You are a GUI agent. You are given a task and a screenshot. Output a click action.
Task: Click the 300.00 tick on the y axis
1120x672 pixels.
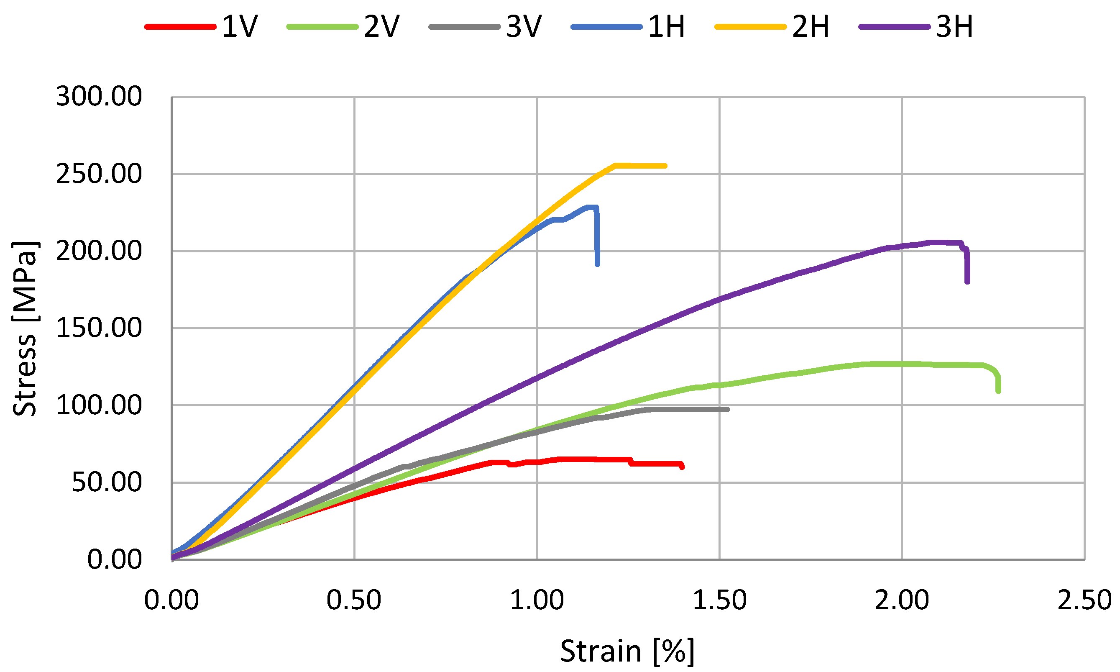coord(99,97)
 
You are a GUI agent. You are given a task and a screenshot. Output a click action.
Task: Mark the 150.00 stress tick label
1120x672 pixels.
coord(99,328)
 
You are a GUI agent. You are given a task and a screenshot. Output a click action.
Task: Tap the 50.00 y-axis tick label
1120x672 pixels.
coord(106,482)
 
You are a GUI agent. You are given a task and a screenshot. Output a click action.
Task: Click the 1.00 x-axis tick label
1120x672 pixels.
coord(537,600)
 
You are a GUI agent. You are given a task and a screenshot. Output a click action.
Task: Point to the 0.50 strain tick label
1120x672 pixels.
coord(354,600)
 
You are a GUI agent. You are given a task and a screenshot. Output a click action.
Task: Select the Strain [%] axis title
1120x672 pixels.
coord(627,651)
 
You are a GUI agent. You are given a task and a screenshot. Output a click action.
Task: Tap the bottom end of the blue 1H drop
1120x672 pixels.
coord(597,264)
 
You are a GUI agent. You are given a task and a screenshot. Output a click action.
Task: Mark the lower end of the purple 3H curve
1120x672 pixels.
coord(967,282)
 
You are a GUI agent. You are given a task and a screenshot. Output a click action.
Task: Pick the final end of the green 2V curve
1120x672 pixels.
coord(998,391)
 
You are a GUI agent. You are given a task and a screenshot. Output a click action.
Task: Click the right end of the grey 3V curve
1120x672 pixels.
coord(727,409)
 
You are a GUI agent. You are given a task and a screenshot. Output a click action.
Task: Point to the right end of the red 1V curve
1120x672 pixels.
coord(682,467)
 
